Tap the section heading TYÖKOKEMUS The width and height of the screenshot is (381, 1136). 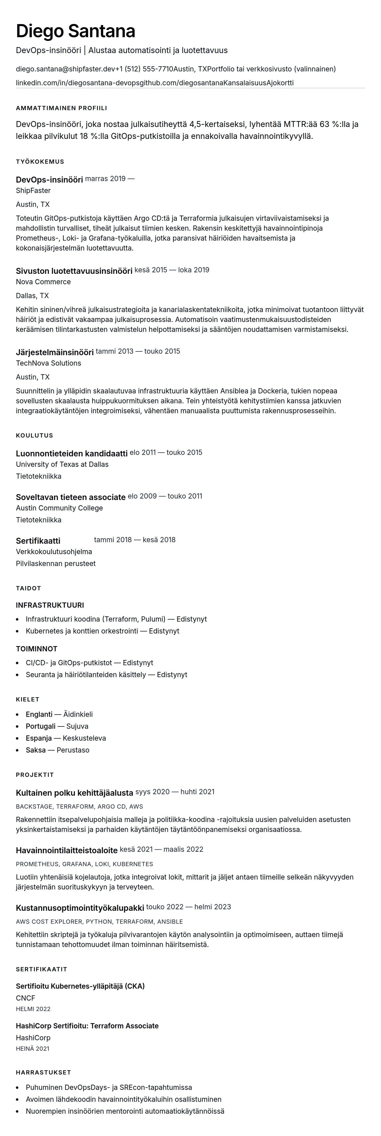(x=40, y=161)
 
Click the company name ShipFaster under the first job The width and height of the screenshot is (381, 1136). (x=33, y=190)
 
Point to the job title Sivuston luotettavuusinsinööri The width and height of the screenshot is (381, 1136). (x=74, y=271)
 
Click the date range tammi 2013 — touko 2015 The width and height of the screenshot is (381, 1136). (x=138, y=351)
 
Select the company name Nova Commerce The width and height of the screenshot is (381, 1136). (x=43, y=282)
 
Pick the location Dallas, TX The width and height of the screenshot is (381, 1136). (x=32, y=295)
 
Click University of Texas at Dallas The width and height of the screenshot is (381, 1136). (x=62, y=464)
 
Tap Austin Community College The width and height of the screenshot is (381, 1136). (x=59, y=508)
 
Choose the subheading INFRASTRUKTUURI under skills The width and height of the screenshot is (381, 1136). (x=50, y=605)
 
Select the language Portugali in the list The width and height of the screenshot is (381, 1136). (x=41, y=726)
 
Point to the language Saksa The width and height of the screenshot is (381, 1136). (x=36, y=750)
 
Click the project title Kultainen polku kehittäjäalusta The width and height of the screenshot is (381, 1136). (x=74, y=792)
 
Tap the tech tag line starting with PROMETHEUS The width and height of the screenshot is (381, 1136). (x=84, y=864)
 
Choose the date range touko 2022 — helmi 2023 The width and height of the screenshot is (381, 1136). (x=188, y=907)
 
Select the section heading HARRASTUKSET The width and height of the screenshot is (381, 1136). (x=43, y=1072)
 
